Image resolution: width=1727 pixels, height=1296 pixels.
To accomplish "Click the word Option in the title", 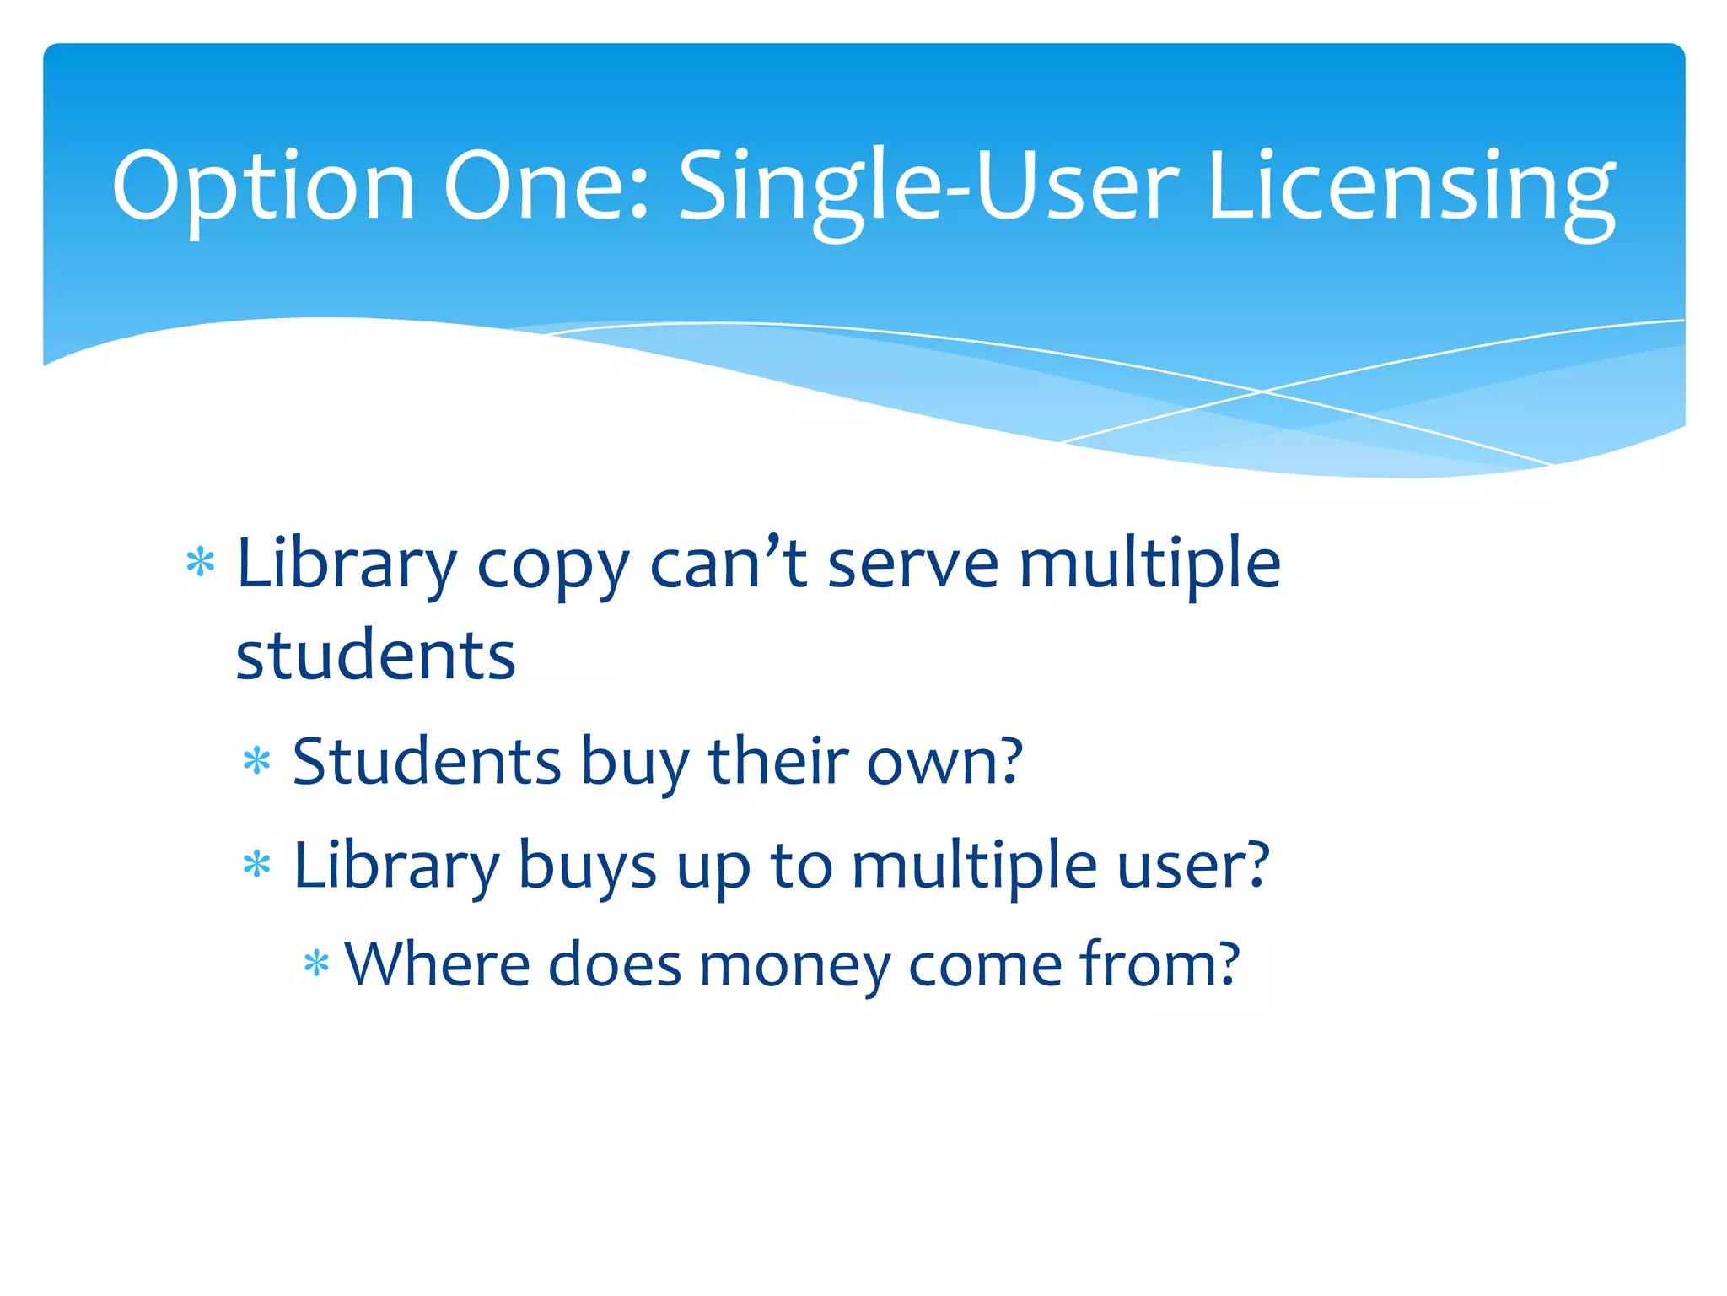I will [262, 187].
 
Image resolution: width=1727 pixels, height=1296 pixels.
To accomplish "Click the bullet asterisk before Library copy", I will [201, 563].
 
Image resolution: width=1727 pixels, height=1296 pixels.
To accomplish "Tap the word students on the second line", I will [375, 656].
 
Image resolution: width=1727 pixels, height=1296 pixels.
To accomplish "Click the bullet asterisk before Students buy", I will [256, 761].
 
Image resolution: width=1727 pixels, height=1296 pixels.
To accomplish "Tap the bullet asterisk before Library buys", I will [256, 866].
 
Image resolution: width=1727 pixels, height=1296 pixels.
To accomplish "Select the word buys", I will [587, 867].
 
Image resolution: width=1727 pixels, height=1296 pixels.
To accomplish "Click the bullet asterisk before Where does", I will [316, 964].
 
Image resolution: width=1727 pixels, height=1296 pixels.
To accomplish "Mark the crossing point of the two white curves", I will [1262, 391].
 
